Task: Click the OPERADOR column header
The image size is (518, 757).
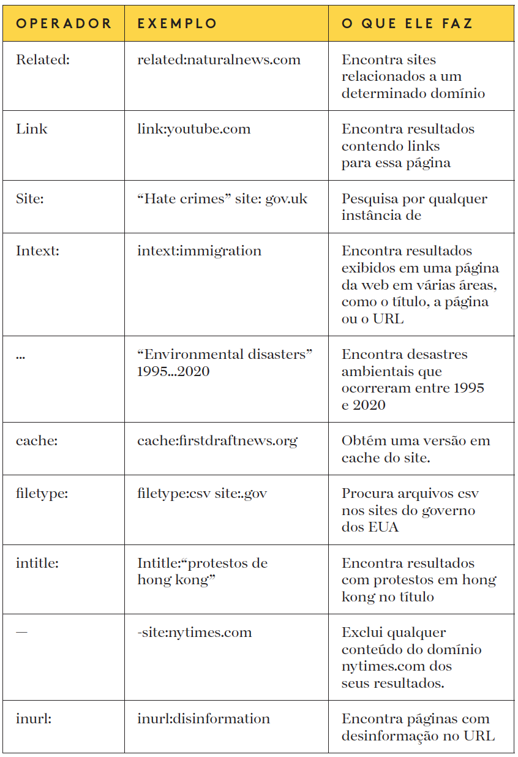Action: pos(64,24)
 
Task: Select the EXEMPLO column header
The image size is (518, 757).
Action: pos(177,24)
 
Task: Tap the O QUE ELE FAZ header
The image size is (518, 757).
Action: pos(407,24)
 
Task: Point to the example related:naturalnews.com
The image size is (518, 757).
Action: pos(219,60)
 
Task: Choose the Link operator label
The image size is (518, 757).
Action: pos(32,129)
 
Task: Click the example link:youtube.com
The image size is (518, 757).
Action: pos(193,129)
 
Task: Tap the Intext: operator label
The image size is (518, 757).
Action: pos(37,251)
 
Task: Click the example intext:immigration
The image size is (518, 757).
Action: pos(199,251)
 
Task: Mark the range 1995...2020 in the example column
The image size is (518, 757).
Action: pos(173,372)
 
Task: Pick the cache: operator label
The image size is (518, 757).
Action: pos(36,441)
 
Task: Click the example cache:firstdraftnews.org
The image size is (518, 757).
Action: pos(217,441)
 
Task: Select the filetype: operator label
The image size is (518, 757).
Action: pos(42,494)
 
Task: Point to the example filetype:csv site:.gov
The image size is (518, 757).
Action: pos(202,494)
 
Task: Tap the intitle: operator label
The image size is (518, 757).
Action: pos(37,563)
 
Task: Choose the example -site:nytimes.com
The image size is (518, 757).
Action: pos(194,633)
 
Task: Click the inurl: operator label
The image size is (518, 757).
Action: pos(34,719)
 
